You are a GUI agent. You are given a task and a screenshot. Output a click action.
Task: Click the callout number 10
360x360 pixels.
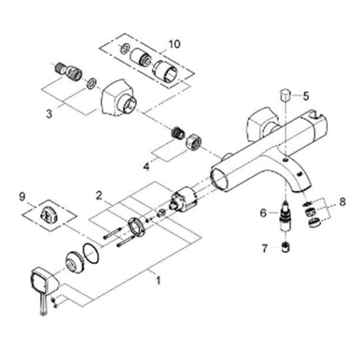click(174, 44)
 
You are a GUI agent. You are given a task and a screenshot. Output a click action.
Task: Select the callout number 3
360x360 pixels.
click(49, 113)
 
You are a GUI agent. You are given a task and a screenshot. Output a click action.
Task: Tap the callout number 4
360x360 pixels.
click(146, 166)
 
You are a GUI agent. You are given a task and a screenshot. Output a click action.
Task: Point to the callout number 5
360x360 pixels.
click(306, 96)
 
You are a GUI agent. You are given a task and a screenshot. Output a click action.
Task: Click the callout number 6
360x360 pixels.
click(263, 213)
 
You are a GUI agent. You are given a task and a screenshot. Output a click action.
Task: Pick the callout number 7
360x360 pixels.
click(265, 248)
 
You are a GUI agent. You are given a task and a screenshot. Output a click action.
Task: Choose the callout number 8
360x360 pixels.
click(342, 202)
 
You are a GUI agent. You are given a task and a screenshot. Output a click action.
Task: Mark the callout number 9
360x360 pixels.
click(22, 197)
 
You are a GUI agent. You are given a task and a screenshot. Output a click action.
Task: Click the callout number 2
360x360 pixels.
click(99, 196)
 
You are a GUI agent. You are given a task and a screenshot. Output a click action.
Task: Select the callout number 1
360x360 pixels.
click(158, 280)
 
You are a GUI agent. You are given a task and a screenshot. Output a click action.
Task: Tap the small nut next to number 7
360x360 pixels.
click(286, 247)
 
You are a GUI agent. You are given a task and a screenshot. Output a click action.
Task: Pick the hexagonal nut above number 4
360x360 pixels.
click(193, 142)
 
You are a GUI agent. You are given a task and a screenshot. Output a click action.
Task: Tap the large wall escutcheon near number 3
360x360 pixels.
click(118, 98)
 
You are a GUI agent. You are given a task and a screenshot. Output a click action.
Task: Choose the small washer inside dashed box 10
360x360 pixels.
click(125, 48)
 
